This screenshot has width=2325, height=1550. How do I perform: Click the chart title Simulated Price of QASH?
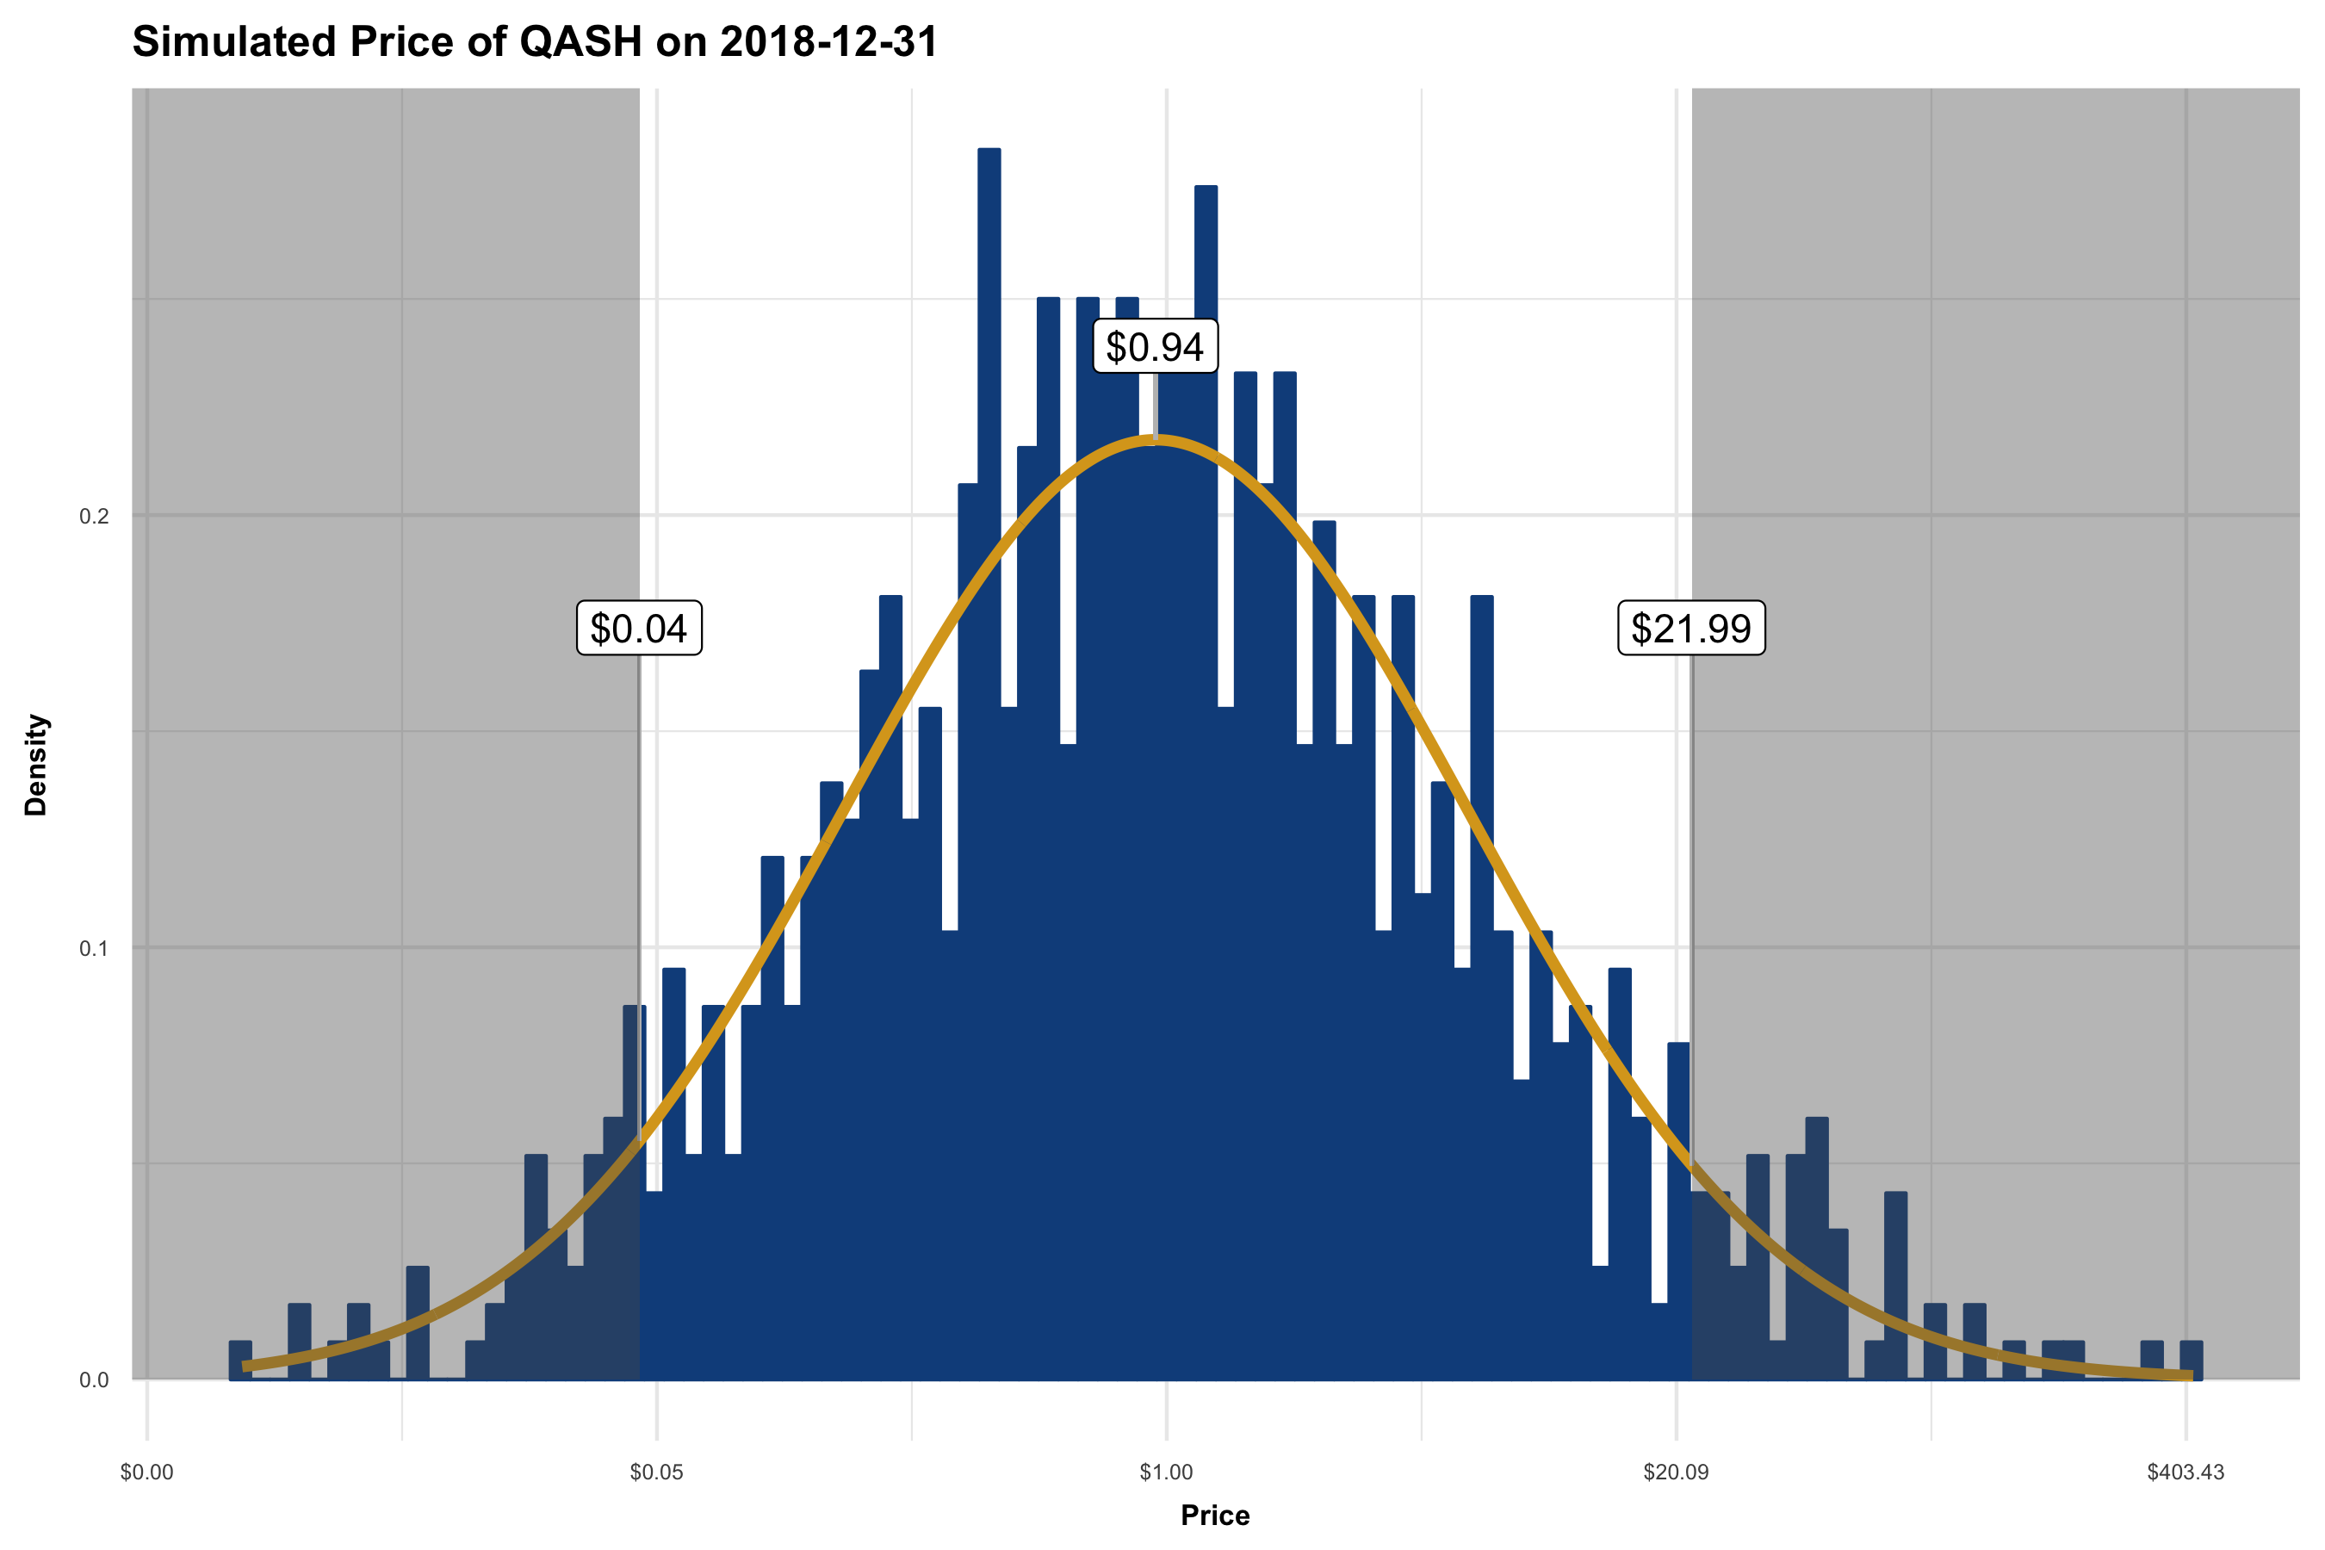pyautogui.click(x=534, y=42)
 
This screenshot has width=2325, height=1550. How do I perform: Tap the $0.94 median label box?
pyautogui.click(x=1155, y=347)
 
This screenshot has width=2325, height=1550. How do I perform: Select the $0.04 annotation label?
pyautogui.click(x=639, y=629)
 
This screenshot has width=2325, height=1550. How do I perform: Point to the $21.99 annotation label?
pyautogui.click(x=1690, y=629)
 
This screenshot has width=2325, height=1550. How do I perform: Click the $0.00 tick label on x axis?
pyautogui.click(x=146, y=1472)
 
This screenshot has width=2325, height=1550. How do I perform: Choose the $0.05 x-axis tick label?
pyautogui.click(x=656, y=1472)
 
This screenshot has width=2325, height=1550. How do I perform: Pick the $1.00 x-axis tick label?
pyautogui.click(x=1167, y=1472)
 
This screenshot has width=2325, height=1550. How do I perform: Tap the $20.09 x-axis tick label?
pyautogui.click(x=1676, y=1472)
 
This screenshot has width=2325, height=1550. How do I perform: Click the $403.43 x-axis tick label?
pyautogui.click(x=2185, y=1472)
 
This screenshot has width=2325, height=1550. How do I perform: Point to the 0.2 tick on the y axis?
pyautogui.click(x=94, y=516)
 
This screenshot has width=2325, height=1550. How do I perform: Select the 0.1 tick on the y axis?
pyautogui.click(x=94, y=948)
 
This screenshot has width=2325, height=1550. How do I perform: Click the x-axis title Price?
pyautogui.click(x=1215, y=1516)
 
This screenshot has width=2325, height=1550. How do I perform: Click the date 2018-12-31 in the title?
pyautogui.click(x=828, y=42)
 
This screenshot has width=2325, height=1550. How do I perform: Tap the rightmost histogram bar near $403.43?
pyautogui.click(x=2192, y=1361)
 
